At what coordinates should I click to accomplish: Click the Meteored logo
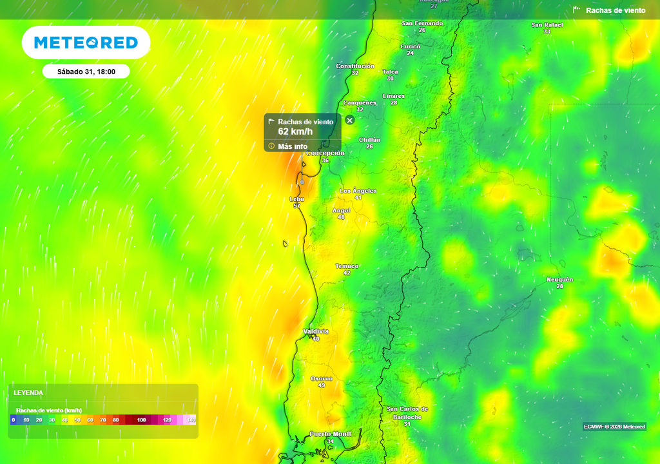[x=86, y=43]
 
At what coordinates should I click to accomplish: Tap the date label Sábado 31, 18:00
[x=86, y=72]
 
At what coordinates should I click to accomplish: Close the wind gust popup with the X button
[x=349, y=120]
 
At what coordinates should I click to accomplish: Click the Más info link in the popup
[x=293, y=146]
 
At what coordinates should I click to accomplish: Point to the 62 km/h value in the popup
[x=295, y=131]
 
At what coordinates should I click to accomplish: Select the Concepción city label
[x=325, y=153]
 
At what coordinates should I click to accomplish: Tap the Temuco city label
[x=347, y=266]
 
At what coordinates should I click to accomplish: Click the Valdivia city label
[x=316, y=331]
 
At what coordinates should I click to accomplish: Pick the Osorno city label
[x=322, y=378]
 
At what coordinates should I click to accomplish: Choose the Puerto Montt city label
[x=331, y=434]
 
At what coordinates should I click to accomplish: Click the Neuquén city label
[x=559, y=280]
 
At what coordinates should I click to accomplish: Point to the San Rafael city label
[x=547, y=24]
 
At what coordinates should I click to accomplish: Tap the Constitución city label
[x=355, y=66]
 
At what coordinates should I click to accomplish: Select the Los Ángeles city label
[x=358, y=191]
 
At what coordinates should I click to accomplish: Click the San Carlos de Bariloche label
[x=407, y=412]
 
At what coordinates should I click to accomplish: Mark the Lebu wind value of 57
[x=297, y=206]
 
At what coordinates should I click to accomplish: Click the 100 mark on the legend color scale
[x=142, y=420]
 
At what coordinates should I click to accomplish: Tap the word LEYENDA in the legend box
[x=28, y=392]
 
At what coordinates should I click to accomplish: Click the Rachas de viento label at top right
[x=616, y=10]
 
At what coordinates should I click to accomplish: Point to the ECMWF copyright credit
[x=614, y=427]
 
